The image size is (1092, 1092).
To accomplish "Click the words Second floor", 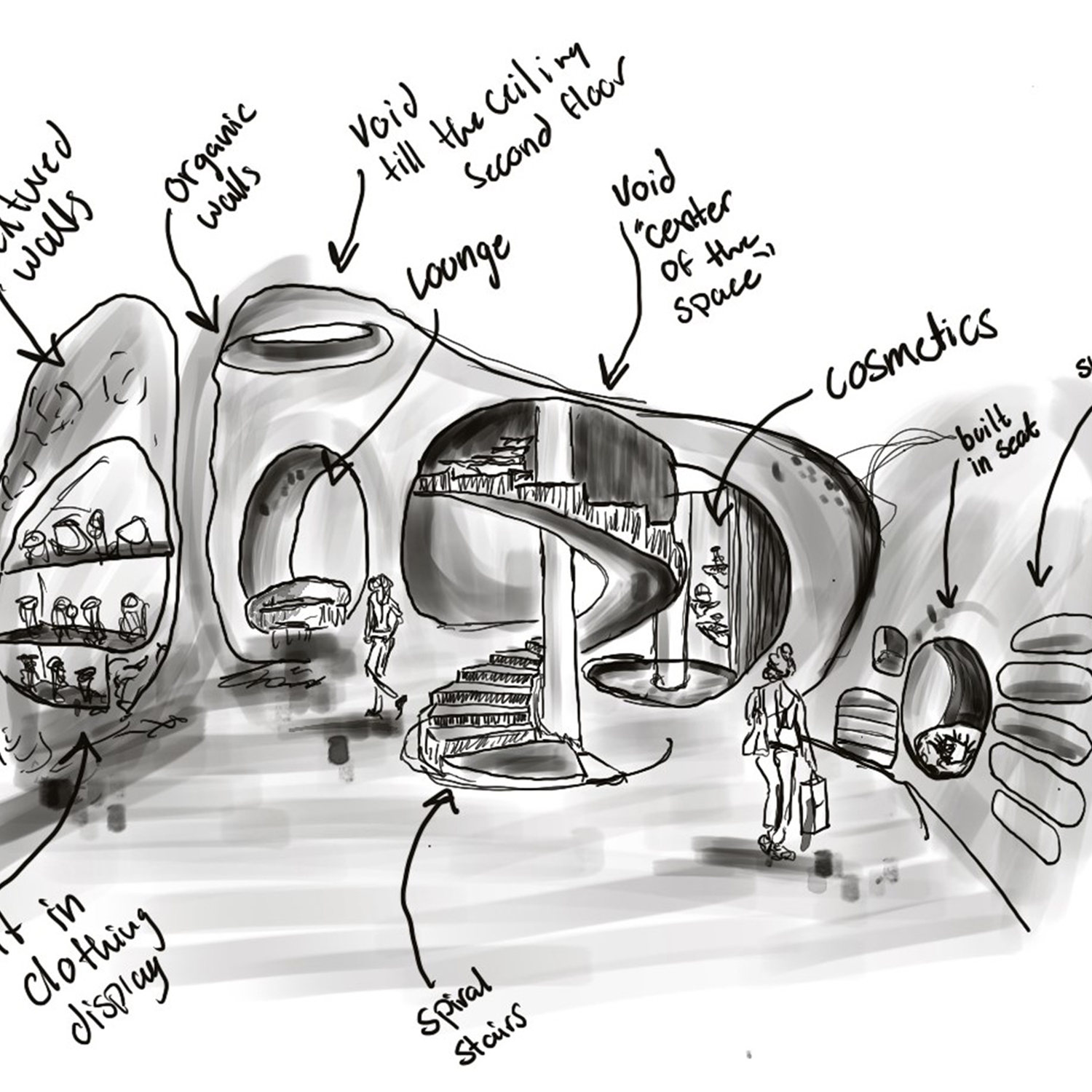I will [546, 124].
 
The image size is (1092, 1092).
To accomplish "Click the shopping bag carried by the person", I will [814, 804].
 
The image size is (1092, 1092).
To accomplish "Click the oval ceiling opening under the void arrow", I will [306, 341].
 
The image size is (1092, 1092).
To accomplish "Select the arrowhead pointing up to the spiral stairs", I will [442, 801].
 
